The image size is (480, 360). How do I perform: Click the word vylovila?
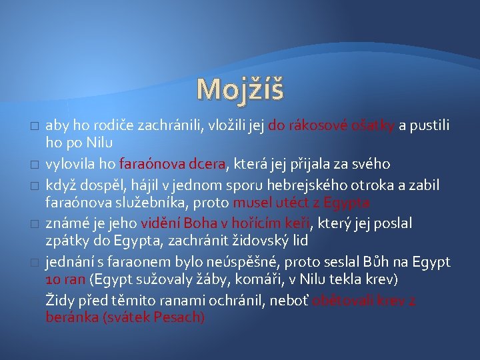pos(70,164)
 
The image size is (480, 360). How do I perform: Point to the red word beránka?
pos(70,318)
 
